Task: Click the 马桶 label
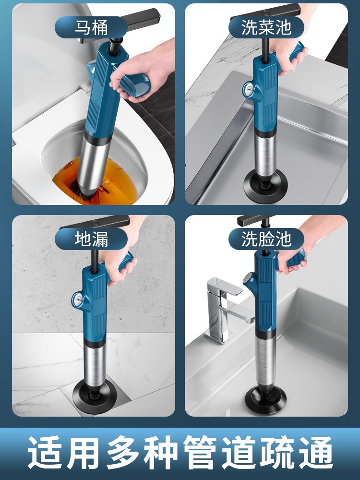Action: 91,27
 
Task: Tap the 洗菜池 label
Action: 266,27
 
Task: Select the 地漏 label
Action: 91,239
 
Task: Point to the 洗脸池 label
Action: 266,239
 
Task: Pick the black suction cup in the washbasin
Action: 266,398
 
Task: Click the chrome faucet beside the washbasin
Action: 228,309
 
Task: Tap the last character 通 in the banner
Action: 316,453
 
